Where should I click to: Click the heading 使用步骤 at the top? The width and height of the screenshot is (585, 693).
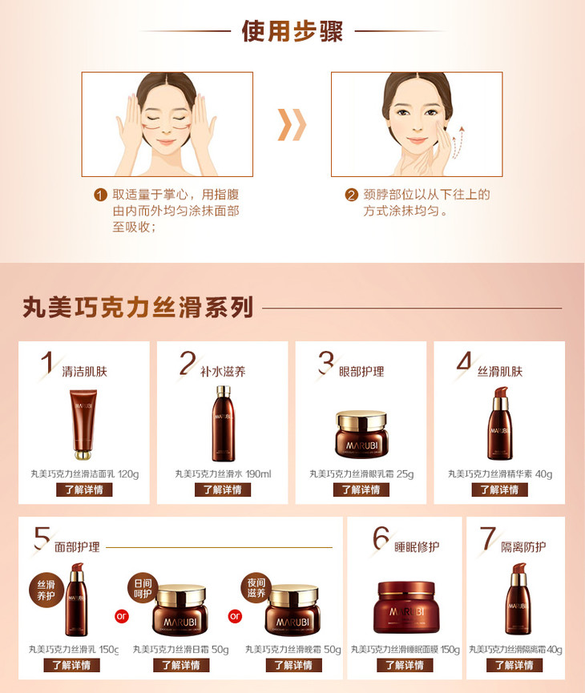(x=292, y=31)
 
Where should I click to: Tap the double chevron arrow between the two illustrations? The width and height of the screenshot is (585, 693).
(x=292, y=125)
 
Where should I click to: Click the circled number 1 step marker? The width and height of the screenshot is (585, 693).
(x=100, y=195)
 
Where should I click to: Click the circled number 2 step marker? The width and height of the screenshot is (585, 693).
(x=351, y=195)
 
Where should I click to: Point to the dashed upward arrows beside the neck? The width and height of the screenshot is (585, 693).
(x=458, y=143)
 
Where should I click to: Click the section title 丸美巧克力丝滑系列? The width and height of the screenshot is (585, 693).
(x=138, y=307)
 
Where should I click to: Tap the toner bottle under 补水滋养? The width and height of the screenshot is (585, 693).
(x=224, y=423)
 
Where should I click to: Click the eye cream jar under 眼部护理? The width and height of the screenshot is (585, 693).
(x=361, y=434)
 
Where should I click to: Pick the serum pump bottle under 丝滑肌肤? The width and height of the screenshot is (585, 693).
(x=500, y=423)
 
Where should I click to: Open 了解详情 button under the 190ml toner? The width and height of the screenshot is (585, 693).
(x=223, y=490)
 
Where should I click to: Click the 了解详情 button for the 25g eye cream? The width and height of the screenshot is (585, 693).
(x=361, y=490)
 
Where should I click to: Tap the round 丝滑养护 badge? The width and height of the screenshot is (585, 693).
(x=46, y=590)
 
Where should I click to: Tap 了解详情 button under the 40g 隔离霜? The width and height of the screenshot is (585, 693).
(x=514, y=665)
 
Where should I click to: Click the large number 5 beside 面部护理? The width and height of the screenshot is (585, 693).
(x=42, y=538)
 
